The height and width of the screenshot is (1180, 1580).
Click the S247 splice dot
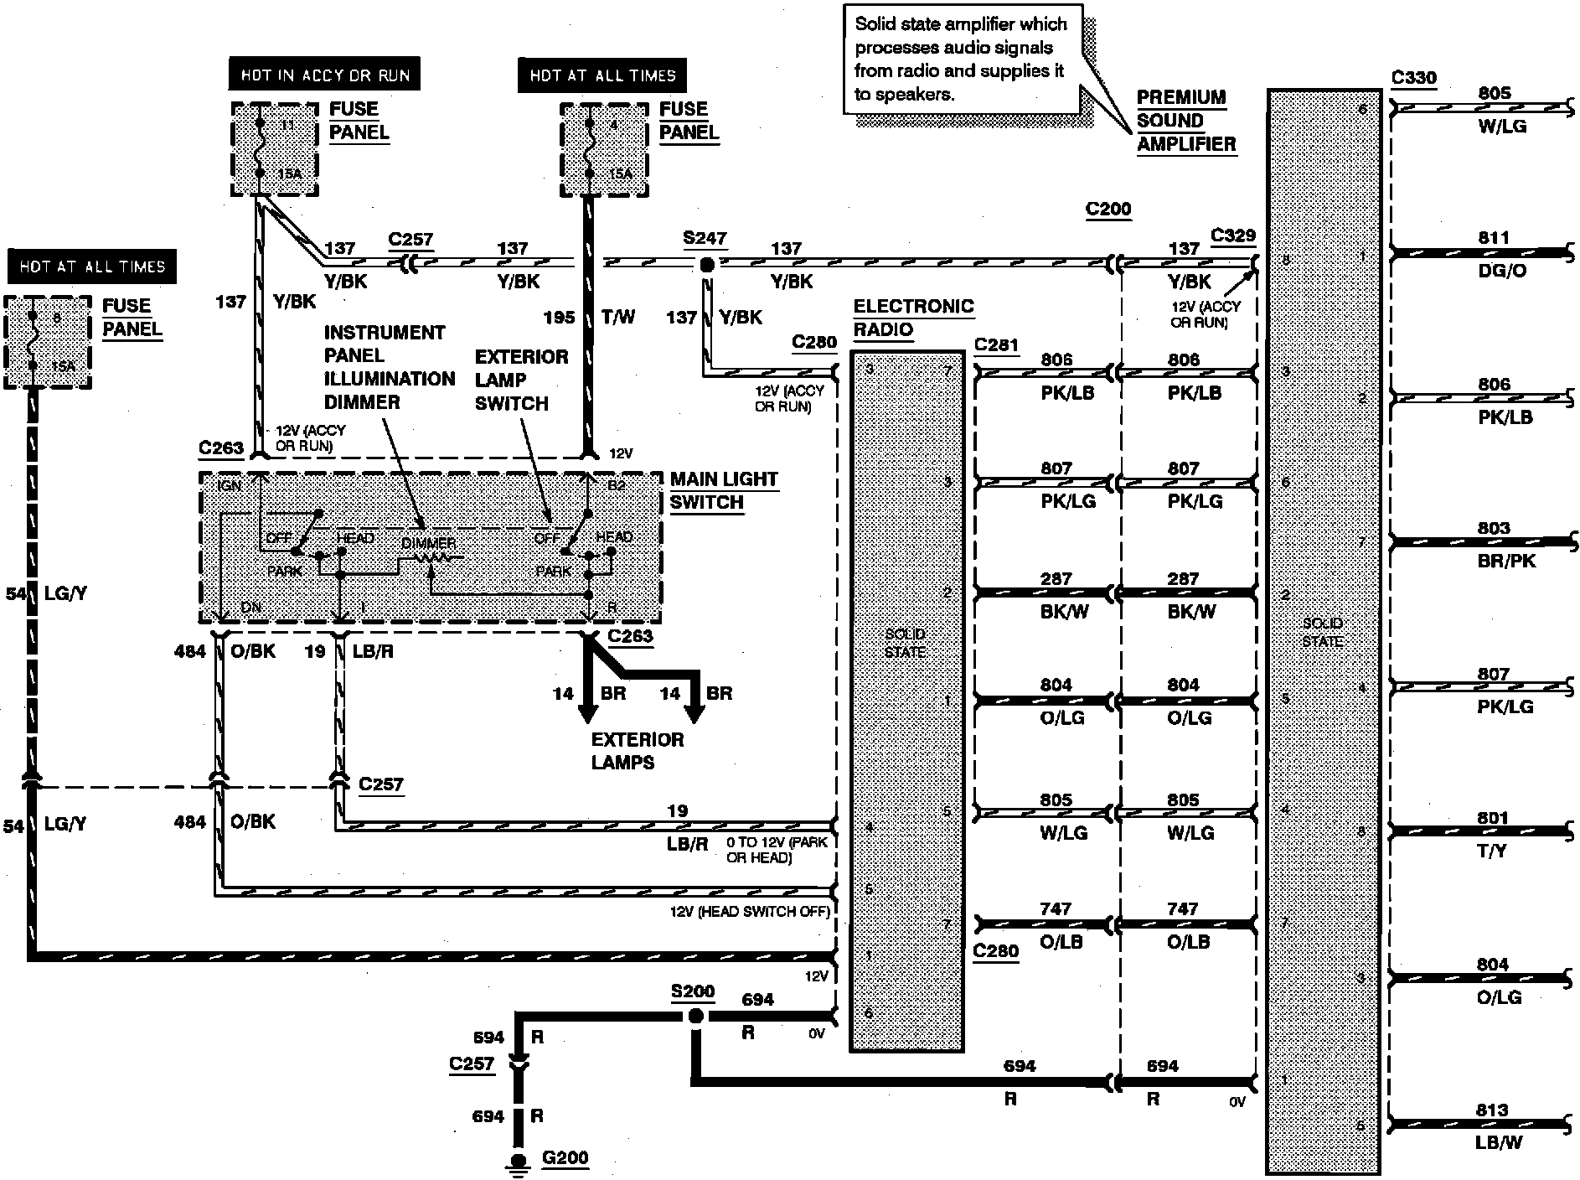[x=706, y=265]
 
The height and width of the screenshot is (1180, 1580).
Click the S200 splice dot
[x=694, y=1017]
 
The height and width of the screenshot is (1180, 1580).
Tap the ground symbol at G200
[x=519, y=1162]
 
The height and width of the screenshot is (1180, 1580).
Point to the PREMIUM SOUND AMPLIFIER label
[x=1185, y=121]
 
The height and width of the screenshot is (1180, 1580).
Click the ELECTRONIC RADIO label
[x=912, y=318]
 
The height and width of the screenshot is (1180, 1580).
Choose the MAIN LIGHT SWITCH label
[x=723, y=491]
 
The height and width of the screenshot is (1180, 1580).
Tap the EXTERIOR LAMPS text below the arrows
[x=637, y=751]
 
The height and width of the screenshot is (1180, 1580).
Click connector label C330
[x=1413, y=78]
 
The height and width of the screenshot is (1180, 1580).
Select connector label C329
[x=1233, y=235]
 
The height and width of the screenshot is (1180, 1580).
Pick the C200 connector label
[x=1108, y=209]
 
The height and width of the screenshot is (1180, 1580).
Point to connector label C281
[x=996, y=344]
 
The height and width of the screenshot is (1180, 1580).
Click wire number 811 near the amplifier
[x=1493, y=238]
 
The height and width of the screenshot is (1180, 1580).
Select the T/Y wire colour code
[x=1491, y=851]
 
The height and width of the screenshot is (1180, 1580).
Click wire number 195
[x=559, y=317]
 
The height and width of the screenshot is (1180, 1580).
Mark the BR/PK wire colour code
[x=1506, y=561]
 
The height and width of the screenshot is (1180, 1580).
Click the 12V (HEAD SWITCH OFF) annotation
[x=749, y=912]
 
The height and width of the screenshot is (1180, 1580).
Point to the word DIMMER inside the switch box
[x=428, y=543]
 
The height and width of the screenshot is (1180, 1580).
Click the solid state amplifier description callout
[x=960, y=60]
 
